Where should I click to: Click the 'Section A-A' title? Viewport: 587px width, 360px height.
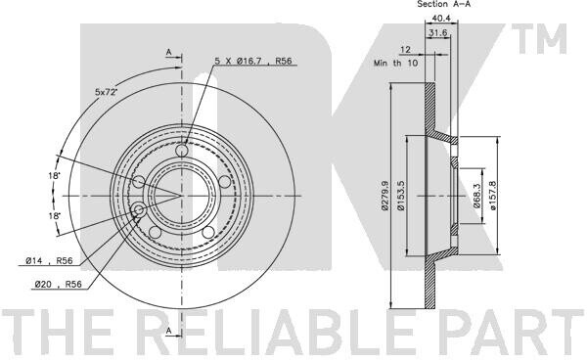(443, 4)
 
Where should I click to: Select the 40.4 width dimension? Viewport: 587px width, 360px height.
(441, 18)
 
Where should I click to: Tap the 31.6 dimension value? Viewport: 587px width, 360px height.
(438, 33)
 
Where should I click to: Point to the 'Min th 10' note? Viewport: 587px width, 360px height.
(395, 63)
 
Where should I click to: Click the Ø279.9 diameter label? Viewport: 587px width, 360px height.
(384, 196)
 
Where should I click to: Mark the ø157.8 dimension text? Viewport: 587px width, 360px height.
(493, 196)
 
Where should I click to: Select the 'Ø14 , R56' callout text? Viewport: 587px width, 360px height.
(49, 261)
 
